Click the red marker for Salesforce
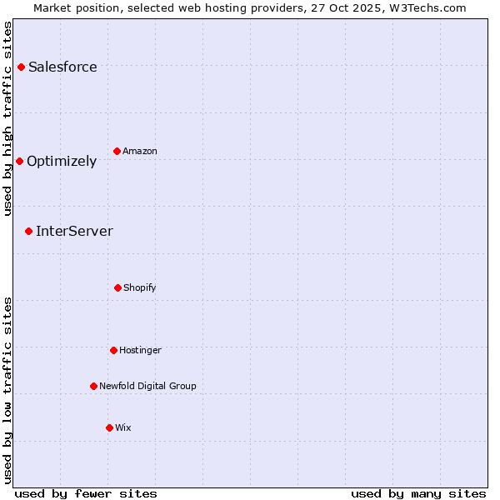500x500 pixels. (x=21, y=67)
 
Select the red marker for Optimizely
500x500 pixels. (x=19, y=161)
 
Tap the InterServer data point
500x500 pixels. (x=28, y=231)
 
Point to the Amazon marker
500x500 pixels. (x=117, y=151)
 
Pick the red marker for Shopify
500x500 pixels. (x=117, y=287)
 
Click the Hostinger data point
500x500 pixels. (x=113, y=350)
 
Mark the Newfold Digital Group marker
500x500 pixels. (x=93, y=386)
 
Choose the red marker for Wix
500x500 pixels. (x=109, y=427)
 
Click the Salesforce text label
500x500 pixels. (x=62, y=67)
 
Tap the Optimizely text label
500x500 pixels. (x=62, y=161)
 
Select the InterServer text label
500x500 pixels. (x=74, y=231)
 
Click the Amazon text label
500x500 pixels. (x=140, y=151)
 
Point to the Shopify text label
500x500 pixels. (x=140, y=287)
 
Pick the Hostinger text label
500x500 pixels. (x=140, y=350)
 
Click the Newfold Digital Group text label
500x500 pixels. (x=147, y=386)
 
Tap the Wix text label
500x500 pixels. (x=123, y=427)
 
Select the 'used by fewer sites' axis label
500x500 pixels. (x=86, y=493)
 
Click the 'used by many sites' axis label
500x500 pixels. (x=418, y=493)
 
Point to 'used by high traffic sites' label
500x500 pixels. (x=7, y=119)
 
